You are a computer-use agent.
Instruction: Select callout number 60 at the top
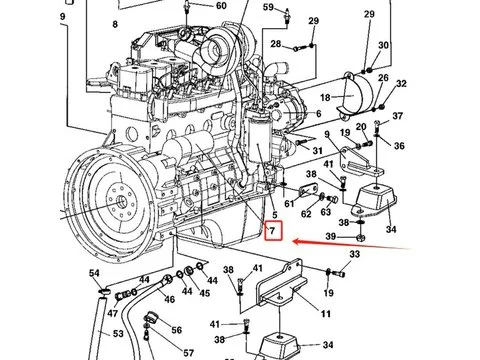[222, 6]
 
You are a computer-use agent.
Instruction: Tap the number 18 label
[324, 97]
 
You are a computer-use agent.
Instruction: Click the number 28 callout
[275, 44]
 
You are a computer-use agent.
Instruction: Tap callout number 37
[397, 116]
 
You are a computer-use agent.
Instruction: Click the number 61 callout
[290, 204]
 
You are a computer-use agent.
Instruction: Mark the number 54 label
[94, 273]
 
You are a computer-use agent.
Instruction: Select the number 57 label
[188, 352]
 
